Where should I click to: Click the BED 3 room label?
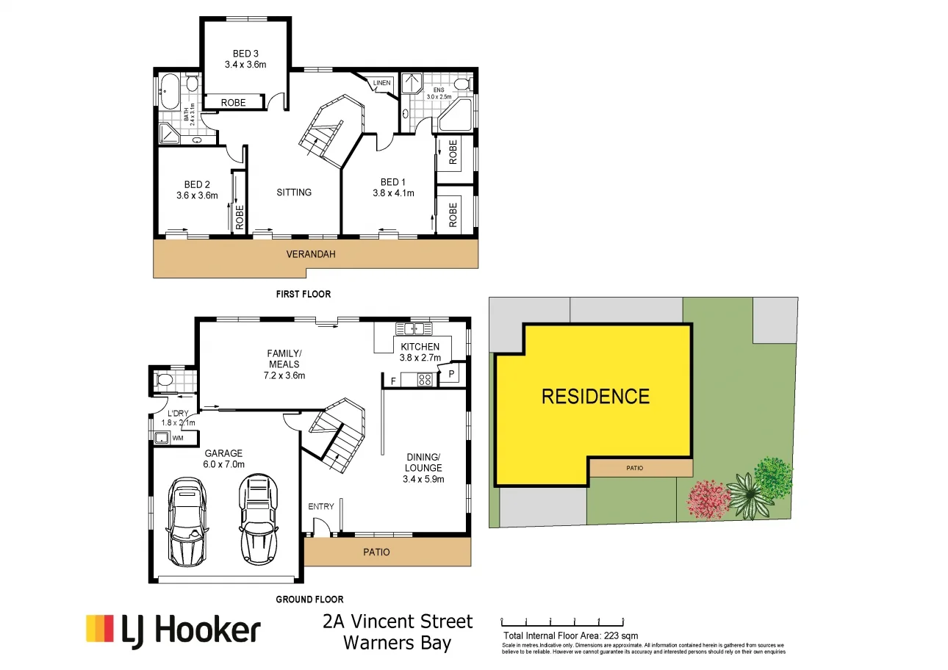(x=245, y=54)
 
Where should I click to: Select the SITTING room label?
(x=294, y=192)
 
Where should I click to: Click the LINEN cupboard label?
(x=381, y=83)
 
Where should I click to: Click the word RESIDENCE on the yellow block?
(x=595, y=397)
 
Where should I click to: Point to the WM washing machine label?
(x=177, y=439)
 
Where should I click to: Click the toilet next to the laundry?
(x=165, y=381)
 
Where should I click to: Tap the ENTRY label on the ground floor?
(x=321, y=506)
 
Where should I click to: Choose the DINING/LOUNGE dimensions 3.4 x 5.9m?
(x=424, y=479)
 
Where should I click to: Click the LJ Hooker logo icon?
(x=100, y=630)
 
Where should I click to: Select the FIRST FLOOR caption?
(x=303, y=294)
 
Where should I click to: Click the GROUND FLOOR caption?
(x=309, y=599)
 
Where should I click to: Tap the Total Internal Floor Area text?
(x=570, y=635)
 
